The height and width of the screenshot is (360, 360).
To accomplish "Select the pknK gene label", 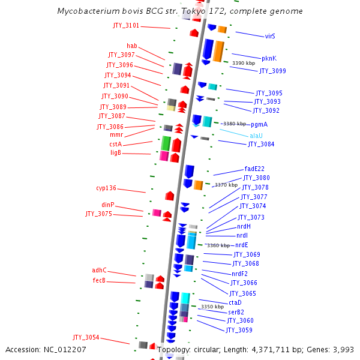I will (x=269, y=58).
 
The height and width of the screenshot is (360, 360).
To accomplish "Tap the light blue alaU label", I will (x=256, y=136).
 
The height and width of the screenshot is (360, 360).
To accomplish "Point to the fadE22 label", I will (x=254, y=169).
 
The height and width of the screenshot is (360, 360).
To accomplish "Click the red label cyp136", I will (x=106, y=188).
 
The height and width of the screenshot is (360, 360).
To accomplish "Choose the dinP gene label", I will (x=107, y=205).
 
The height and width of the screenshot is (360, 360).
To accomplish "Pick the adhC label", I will (x=99, y=271).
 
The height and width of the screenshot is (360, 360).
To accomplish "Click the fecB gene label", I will (x=99, y=280).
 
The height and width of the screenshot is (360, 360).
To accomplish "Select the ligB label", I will (x=116, y=152).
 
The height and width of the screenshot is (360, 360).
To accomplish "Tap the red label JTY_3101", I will (x=126, y=26).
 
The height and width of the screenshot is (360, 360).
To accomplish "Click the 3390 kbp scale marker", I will (x=243, y=63).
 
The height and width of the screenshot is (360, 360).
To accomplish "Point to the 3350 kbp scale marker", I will (x=212, y=307).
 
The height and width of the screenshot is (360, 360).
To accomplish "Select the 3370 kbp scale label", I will (x=226, y=185).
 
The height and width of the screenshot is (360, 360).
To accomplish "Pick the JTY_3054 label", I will (x=86, y=337).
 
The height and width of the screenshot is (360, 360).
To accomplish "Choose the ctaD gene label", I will (x=235, y=302).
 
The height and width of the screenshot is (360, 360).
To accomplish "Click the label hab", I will (x=131, y=46).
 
